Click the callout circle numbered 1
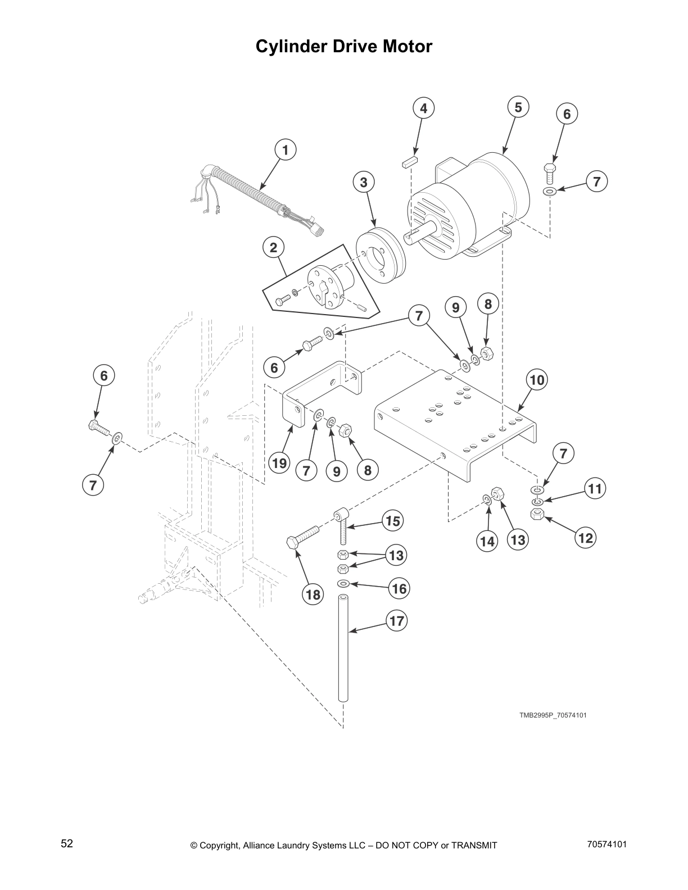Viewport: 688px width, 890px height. pos(285,150)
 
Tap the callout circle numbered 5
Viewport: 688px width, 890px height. pos(518,107)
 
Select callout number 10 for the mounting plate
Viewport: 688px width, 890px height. pos(537,380)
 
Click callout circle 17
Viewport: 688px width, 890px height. pos(397,621)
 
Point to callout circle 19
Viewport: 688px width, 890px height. pos(279,464)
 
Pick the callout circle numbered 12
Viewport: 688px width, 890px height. pos(585,538)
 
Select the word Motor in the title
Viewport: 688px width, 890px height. pos(406,46)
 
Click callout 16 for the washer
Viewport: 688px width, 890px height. pos(399,589)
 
